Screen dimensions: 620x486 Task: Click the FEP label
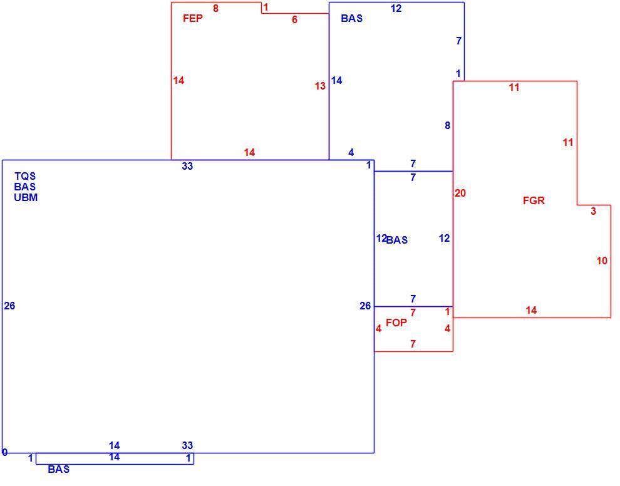click(192, 18)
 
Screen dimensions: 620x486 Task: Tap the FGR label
click(534, 200)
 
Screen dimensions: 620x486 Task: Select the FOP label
click(396, 323)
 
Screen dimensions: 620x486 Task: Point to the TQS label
click(25, 176)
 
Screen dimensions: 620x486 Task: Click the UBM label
click(26, 197)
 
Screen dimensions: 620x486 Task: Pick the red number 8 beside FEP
click(215, 8)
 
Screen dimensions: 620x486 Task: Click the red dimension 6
click(294, 19)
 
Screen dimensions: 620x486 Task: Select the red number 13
click(320, 86)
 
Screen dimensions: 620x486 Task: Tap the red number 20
click(460, 193)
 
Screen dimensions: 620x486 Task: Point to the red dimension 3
click(594, 211)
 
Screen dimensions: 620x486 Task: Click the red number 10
click(602, 261)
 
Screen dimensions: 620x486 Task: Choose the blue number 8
click(447, 125)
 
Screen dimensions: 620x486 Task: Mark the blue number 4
click(351, 152)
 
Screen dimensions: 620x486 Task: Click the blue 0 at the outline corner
click(5, 452)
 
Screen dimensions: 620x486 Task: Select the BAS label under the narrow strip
click(58, 469)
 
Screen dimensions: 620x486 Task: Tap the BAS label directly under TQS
click(25, 187)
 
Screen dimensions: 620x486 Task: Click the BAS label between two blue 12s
click(396, 240)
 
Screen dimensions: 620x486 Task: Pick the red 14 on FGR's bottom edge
click(531, 311)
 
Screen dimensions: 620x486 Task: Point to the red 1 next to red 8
click(266, 7)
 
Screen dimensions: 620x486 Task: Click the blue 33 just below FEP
click(187, 166)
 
